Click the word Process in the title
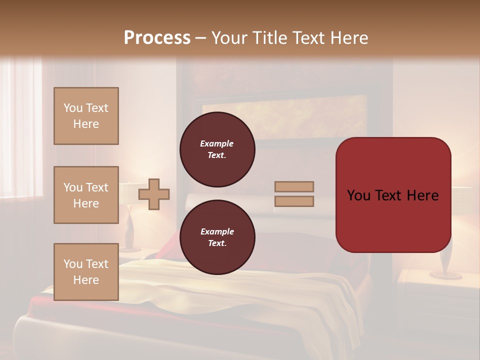(x=157, y=37)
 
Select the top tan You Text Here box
(x=86, y=116)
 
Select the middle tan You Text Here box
(x=86, y=195)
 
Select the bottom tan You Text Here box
(x=86, y=271)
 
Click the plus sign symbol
(x=154, y=194)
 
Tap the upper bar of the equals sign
(x=294, y=186)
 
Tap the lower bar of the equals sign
(x=294, y=201)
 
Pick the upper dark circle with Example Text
(x=217, y=149)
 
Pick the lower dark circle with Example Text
(x=217, y=237)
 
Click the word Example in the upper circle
(x=216, y=143)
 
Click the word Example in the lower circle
(x=217, y=231)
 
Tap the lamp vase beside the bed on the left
(x=129, y=230)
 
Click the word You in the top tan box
(x=72, y=108)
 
